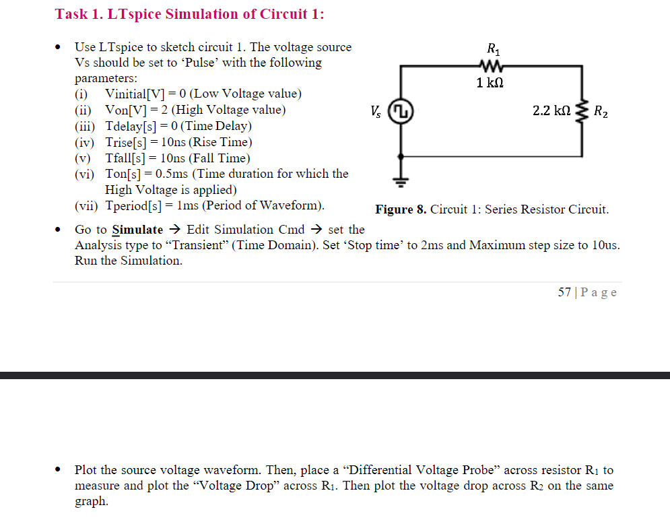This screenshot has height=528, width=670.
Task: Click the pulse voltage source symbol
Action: (402, 111)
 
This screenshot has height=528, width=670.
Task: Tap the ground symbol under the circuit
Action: (402, 180)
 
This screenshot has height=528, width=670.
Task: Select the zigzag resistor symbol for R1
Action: (492, 66)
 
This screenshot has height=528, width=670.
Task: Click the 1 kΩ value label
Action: (490, 83)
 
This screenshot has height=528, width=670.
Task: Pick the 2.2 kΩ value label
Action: (551, 110)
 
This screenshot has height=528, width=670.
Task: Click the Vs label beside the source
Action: (376, 111)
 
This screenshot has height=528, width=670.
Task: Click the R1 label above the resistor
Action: (493, 48)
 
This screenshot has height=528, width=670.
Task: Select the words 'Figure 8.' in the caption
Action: (401, 209)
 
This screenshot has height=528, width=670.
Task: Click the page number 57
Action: (565, 292)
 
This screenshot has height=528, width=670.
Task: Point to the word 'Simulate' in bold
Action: (137, 230)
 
